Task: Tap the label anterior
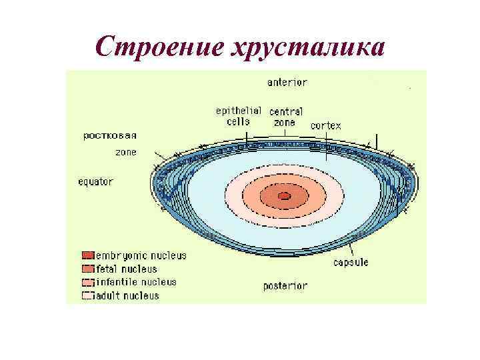click(287, 83)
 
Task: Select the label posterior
click(285, 286)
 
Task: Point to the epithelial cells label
click(238, 116)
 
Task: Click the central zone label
click(286, 117)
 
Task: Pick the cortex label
click(325, 125)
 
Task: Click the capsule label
click(351, 263)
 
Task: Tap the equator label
click(96, 181)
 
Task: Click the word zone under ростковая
click(126, 152)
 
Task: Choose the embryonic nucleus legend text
click(141, 255)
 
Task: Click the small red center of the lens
click(284, 196)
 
